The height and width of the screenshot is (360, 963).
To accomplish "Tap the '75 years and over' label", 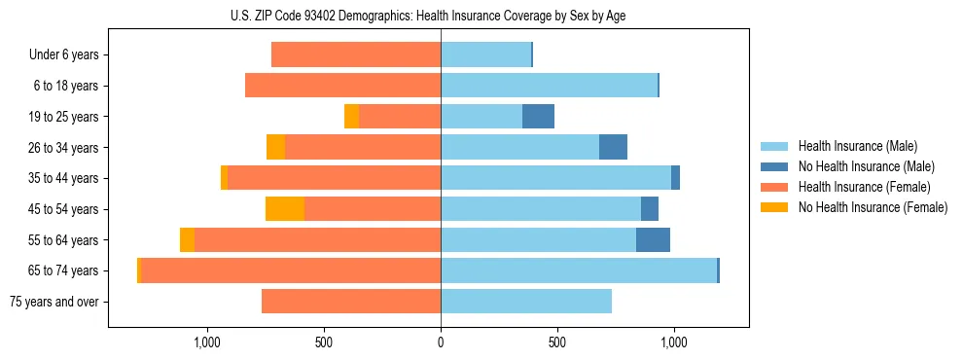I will (x=53, y=302).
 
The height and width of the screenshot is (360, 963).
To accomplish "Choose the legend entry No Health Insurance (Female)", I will (x=872, y=207).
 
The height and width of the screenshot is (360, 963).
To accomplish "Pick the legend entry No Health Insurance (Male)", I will (x=865, y=166).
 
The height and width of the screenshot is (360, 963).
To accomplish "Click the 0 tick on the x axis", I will (x=441, y=342).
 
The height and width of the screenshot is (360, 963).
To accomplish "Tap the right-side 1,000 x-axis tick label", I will (x=673, y=342).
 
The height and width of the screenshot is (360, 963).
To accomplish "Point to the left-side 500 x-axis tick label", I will (x=324, y=342).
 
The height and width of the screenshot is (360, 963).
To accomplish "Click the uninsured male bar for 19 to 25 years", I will (x=538, y=117).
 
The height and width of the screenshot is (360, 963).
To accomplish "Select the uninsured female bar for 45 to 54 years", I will (x=285, y=209).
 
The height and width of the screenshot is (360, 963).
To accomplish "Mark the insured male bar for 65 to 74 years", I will (x=579, y=270).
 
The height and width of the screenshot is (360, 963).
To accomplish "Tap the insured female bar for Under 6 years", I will (x=356, y=55).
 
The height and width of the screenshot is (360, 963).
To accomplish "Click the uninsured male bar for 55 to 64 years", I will (x=653, y=240).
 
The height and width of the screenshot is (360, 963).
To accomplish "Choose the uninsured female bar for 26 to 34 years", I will (x=275, y=148).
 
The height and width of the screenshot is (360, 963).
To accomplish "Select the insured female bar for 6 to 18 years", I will (x=342, y=86).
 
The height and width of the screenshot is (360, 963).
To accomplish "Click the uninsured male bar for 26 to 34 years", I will (x=613, y=148).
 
